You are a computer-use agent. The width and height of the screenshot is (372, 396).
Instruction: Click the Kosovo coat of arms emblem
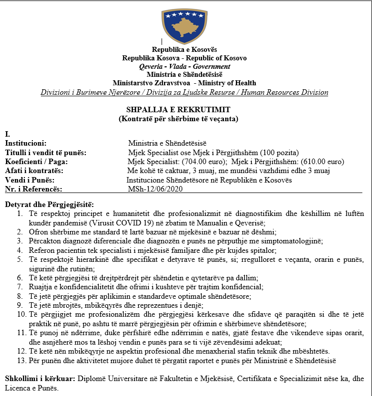(x=184, y=22)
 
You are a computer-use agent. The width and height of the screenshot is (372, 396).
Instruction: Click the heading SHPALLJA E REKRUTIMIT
(x=184, y=110)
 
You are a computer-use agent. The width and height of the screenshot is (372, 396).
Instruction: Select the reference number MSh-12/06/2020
(x=153, y=188)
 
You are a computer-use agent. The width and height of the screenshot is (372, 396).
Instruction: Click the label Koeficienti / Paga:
(x=36, y=162)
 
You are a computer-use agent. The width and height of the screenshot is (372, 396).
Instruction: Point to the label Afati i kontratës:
(x=34, y=171)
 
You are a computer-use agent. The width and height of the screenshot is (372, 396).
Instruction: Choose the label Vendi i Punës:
(x=29, y=180)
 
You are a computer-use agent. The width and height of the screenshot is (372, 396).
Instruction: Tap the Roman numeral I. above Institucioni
(x=7, y=134)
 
